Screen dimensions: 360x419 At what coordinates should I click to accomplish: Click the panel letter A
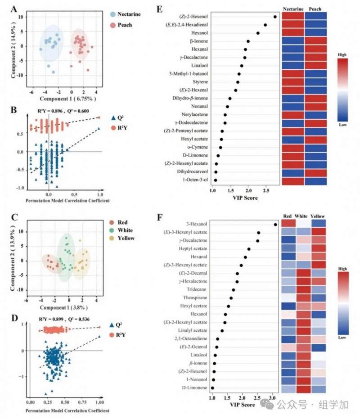point(14,9)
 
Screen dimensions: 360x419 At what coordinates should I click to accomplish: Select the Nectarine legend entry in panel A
point(125,14)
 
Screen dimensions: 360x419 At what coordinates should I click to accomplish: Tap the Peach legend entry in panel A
point(121,25)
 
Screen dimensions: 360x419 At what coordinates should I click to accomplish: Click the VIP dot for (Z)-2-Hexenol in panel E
point(275,17)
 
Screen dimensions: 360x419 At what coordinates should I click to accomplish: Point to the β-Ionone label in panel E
point(199,41)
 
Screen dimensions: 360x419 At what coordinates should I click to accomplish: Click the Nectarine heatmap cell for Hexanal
point(293,49)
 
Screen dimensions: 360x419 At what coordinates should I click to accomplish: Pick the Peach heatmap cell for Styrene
point(315,82)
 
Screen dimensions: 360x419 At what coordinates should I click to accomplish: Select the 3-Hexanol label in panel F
point(197,224)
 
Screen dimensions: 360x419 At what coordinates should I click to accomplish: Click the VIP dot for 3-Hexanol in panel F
point(275,225)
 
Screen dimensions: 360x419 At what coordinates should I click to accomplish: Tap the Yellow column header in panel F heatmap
point(318,216)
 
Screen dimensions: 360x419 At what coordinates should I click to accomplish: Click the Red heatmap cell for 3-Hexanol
point(289,223)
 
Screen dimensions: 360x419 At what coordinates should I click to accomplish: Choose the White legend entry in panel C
point(121,230)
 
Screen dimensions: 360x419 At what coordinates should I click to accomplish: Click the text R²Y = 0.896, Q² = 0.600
point(63,111)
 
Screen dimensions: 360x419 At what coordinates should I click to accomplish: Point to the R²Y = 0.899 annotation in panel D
point(51,319)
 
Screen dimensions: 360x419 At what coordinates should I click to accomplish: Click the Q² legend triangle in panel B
point(113,117)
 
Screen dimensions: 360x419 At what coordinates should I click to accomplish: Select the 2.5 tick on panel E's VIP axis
point(266,190)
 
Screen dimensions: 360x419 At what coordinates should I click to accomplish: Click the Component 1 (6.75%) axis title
point(68,99)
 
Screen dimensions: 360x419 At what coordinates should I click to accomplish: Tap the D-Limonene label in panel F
point(194,387)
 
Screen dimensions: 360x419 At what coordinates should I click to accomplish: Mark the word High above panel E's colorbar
point(342,54)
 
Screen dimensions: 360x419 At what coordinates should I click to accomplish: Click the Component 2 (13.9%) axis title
point(13,259)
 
